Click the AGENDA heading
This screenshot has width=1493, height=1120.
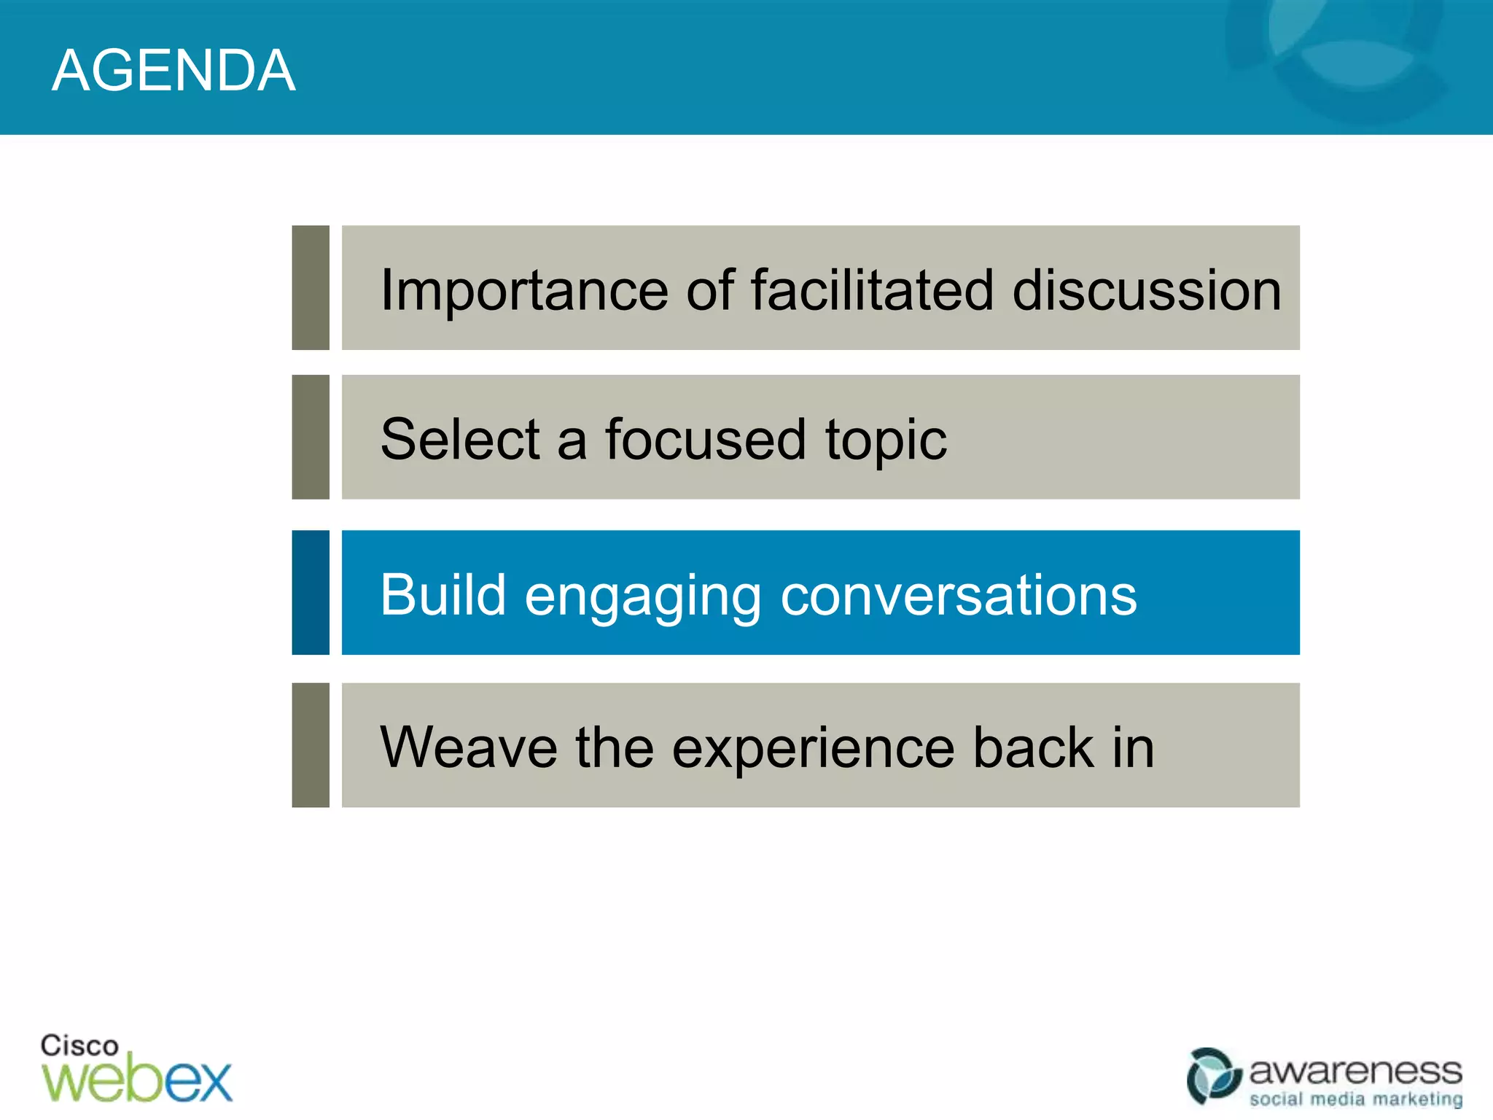point(174,71)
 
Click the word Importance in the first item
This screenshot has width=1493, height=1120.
point(523,291)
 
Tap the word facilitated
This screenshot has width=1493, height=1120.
point(872,289)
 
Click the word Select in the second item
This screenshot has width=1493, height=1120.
point(459,439)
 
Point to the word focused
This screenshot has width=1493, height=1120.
point(705,439)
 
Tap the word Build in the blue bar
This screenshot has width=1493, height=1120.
point(443,594)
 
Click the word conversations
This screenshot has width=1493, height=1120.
point(958,595)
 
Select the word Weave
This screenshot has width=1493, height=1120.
point(469,747)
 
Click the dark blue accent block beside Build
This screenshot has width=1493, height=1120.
point(311,592)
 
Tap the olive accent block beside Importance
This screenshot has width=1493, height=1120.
point(311,287)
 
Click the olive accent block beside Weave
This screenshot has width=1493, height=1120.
point(311,744)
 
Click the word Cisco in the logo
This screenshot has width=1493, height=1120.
point(79,1045)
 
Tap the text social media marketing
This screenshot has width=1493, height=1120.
point(1355,1098)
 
